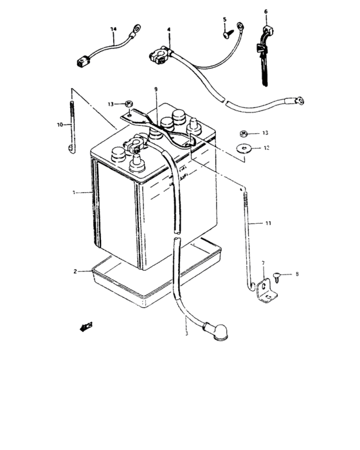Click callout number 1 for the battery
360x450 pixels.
click(x=74, y=192)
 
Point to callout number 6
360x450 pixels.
click(x=265, y=11)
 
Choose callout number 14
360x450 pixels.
click(x=114, y=30)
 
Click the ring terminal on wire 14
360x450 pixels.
click(x=136, y=28)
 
